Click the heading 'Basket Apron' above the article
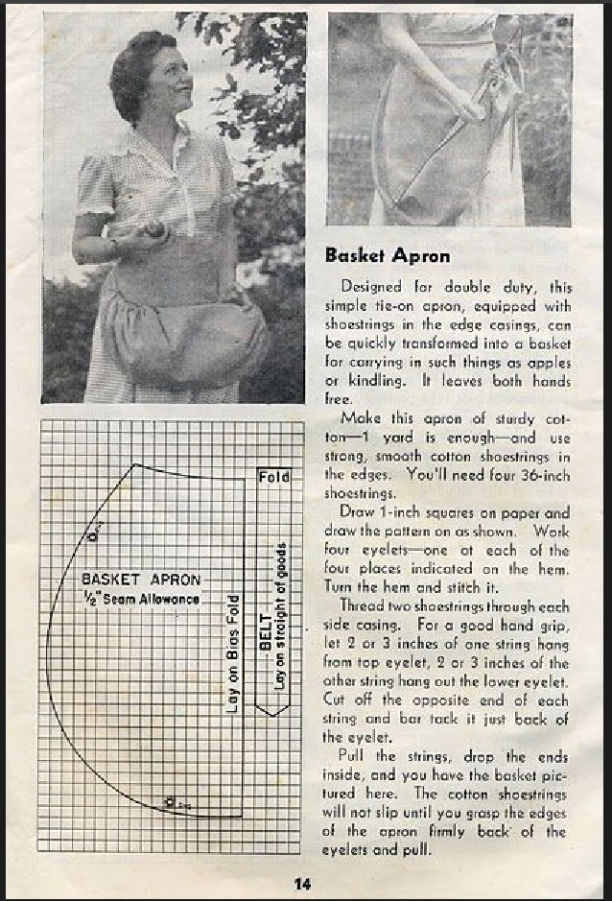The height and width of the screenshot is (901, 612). coord(387,255)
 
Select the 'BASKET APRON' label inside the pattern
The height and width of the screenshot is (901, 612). coord(141,580)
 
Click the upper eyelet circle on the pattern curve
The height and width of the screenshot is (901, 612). coord(93,535)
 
